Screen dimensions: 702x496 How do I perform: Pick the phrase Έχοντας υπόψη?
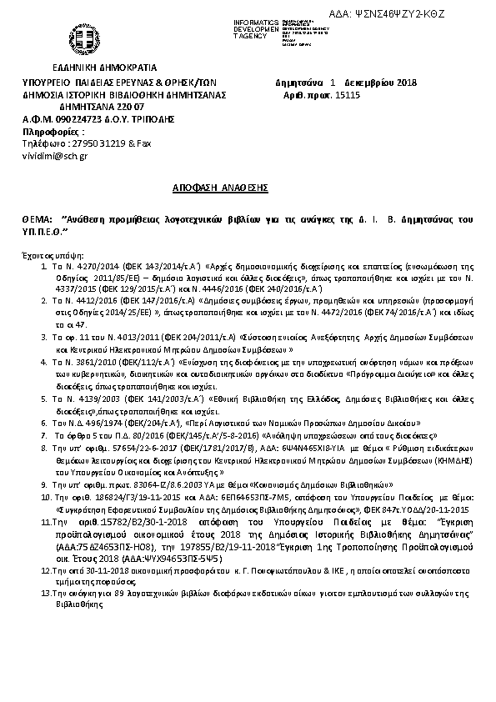tap(48, 251)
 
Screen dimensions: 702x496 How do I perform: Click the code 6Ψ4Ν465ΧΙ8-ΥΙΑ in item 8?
tap(322, 448)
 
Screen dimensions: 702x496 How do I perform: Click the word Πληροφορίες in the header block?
tap(53, 131)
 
